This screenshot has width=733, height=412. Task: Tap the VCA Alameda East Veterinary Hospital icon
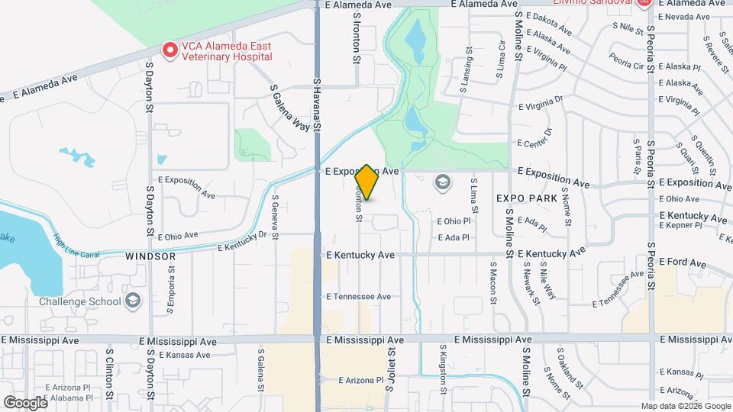pyautogui.click(x=170, y=50)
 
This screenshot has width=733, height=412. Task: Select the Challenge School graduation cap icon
pyautogui.click(x=134, y=300)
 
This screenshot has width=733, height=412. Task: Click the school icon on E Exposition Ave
pyautogui.click(x=442, y=182)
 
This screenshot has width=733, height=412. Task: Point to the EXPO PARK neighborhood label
pyautogui.click(x=526, y=198)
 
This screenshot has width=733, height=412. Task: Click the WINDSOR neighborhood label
pyautogui.click(x=151, y=257)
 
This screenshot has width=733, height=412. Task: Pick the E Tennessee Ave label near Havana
pyautogui.click(x=358, y=297)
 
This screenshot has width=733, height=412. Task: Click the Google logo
pyautogui.click(x=25, y=401)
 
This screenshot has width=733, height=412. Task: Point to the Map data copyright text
pyautogui.click(x=684, y=406)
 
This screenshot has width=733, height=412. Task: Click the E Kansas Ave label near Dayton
pyautogui.click(x=184, y=355)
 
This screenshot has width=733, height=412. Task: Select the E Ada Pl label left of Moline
pyautogui.click(x=454, y=237)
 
